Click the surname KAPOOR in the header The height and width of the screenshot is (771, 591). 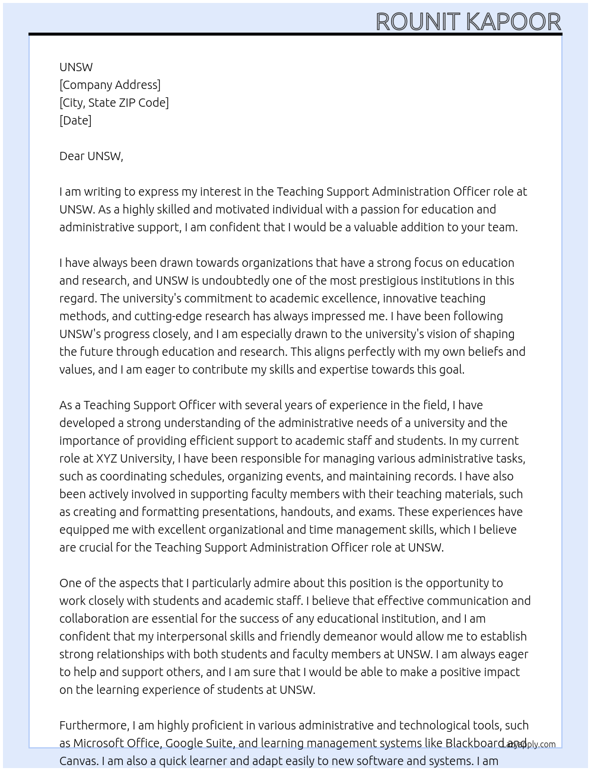coord(513,22)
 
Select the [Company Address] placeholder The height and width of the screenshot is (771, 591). coord(110,85)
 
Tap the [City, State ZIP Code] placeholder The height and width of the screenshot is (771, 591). coord(114,103)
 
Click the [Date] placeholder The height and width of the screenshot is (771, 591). coord(75,120)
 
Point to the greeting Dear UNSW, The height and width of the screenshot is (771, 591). coord(91,156)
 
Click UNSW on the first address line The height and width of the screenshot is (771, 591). coord(76,67)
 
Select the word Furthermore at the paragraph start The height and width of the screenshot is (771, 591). coord(94,725)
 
